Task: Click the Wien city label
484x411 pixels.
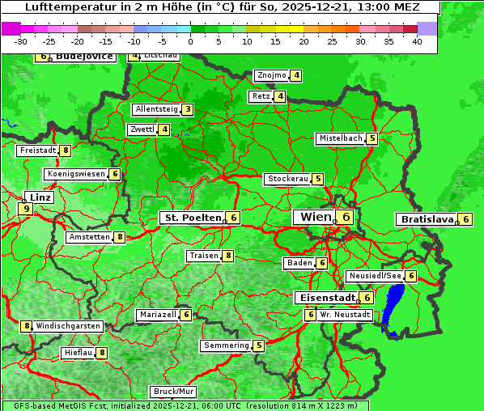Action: pyautogui.click(x=316, y=217)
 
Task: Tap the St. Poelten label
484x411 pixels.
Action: pyautogui.click(x=191, y=218)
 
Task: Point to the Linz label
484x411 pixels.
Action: pyautogui.click(x=40, y=197)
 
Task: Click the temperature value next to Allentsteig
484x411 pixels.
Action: pyautogui.click(x=188, y=109)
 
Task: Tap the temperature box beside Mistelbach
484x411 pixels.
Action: pyautogui.click(x=371, y=138)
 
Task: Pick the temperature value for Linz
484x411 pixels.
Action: pyautogui.click(x=27, y=209)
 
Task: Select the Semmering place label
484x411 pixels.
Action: pyautogui.click(x=226, y=345)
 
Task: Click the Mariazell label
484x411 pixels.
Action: pyautogui.click(x=158, y=314)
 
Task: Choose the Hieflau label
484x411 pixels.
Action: pyautogui.click(x=79, y=353)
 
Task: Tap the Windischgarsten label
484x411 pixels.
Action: pyautogui.click(x=68, y=325)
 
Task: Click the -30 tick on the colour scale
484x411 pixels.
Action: pyautogui.click(x=22, y=40)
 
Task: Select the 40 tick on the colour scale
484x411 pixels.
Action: pyautogui.click(x=417, y=40)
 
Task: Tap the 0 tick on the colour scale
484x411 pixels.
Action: pyautogui.click(x=191, y=40)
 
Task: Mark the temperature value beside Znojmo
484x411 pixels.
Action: pyautogui.click(x=297, y=75)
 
